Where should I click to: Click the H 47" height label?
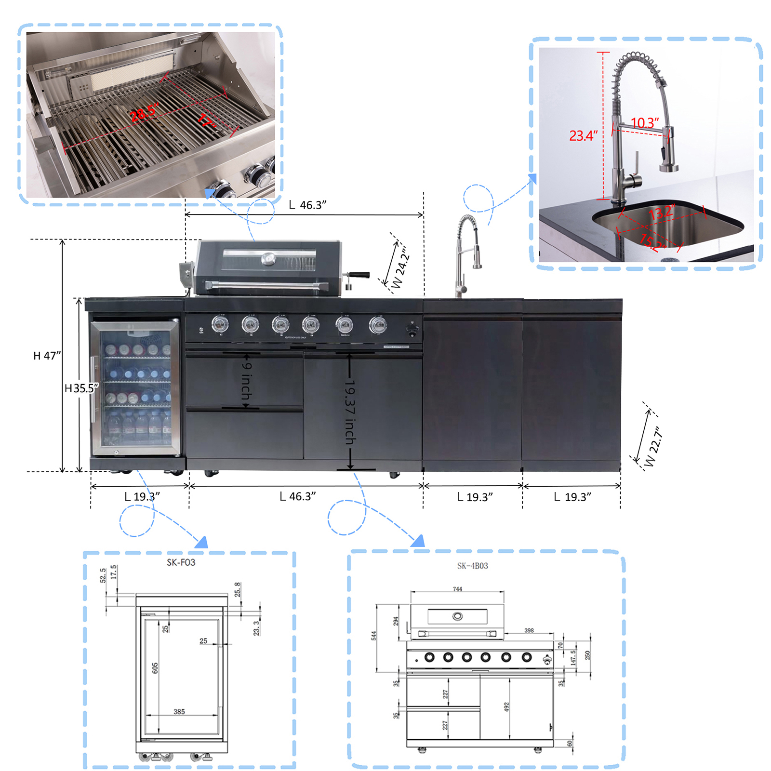47,356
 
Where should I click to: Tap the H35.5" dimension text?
81,388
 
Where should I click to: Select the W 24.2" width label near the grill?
400,267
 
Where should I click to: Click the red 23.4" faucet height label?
583,136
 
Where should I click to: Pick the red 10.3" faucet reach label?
644,123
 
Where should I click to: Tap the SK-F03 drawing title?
181,562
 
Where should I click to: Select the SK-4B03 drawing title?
472,566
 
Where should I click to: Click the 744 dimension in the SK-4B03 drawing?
457,589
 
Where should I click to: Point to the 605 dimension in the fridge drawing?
155,668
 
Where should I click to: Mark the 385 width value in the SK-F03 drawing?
179,711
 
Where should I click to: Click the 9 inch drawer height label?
246,381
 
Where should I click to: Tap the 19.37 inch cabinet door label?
350,412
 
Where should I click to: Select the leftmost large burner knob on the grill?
220,325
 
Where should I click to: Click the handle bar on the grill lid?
267,286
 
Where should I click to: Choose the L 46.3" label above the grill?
307,205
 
